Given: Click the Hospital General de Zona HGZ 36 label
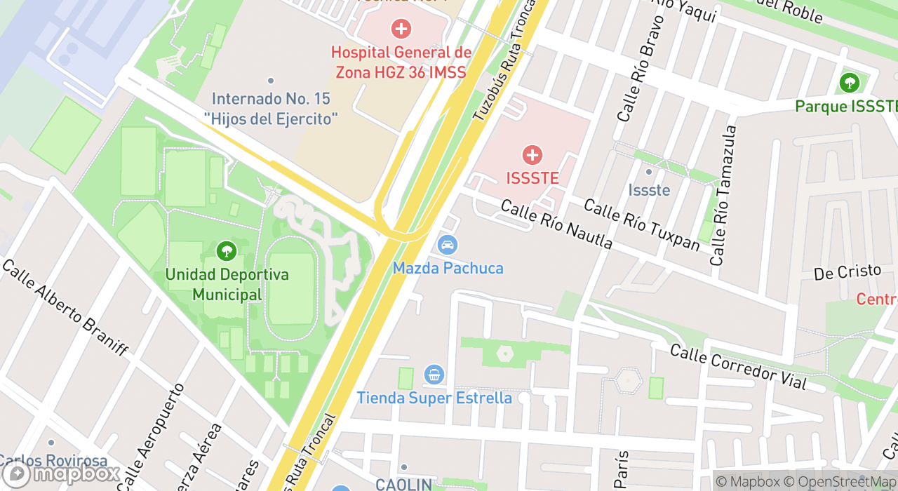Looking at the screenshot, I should pos(401,62).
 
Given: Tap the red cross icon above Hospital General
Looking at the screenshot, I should pos(401,29).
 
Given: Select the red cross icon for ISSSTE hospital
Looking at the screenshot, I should pos(532,155).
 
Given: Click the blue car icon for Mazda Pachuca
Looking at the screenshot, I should pos(447,245).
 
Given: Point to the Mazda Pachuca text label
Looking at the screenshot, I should pos(448,268).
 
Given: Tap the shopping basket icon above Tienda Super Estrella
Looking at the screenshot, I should pos(434,375).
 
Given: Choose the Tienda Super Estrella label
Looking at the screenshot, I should pos(434,398).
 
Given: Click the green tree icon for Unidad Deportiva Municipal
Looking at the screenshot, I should pos(226,250).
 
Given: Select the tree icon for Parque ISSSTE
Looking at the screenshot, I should pos(849,83).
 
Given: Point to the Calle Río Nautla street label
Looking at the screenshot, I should pos(556,224).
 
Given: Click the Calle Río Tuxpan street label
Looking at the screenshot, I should pos(641,224).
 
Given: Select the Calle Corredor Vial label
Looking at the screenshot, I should pos(737,368).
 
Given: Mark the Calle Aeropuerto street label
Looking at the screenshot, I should pos(151,436).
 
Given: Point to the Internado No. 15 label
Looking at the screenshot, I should pos(271,109).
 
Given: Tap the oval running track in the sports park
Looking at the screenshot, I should pos(291,288).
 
